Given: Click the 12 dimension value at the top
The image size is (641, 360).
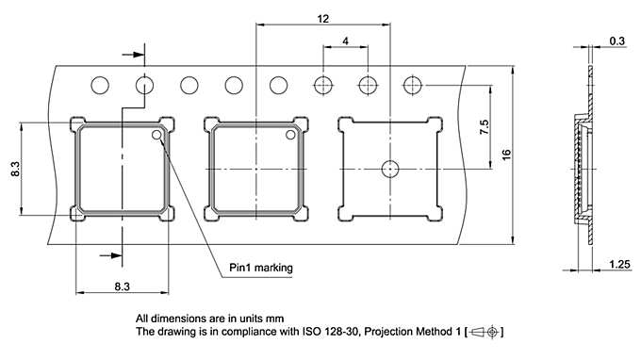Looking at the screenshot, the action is tap(323, 19).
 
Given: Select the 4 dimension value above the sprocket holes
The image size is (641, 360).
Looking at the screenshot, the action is tap(346, 41).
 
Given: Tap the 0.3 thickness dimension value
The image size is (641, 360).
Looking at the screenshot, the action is tap(616, 41).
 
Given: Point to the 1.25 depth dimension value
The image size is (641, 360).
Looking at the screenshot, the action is tap(619, 265).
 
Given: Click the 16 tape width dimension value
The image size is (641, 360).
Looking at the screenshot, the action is tap(506, 155).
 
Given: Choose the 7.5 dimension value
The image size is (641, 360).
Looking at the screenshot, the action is tap(484, 127).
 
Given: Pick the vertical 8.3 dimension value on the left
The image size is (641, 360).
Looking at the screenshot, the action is tap(15, 169).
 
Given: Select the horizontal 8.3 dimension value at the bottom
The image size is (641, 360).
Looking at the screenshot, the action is tap(122, 286).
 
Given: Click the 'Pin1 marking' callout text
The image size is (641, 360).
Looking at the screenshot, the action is tap(261, 268).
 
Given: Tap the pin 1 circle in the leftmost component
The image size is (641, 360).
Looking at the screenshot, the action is tap(156, 135).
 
